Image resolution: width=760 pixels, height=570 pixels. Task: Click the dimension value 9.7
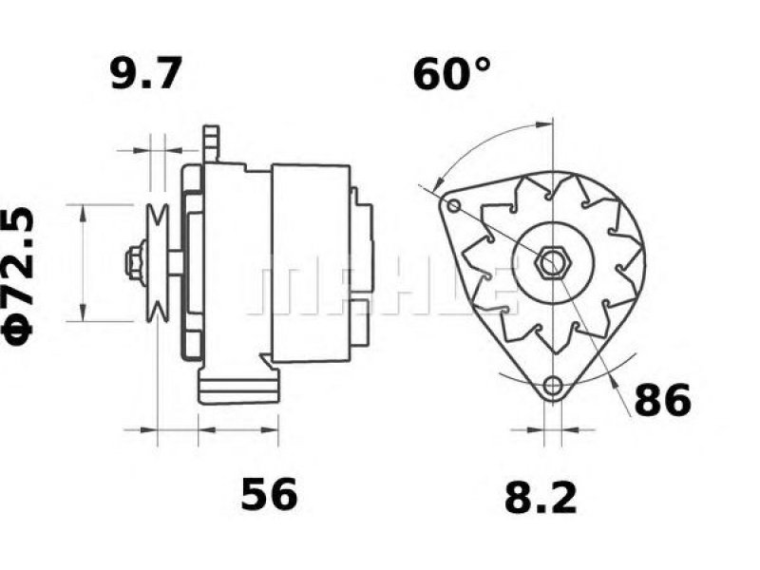click(x=146, y=73)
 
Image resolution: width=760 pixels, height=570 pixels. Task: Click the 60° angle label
click(x=452, y=73)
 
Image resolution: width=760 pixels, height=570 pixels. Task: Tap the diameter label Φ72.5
click(x=18, y=276)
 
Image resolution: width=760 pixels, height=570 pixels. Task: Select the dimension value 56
click(x=269, y=494)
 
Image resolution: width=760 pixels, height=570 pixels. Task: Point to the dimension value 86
click(x=662, y=400)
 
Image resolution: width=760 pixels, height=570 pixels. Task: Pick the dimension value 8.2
click(x=541, y=497)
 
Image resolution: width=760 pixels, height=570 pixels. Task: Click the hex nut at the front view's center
click(x=553, y=263)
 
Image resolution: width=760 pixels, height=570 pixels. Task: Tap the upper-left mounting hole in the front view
click(x=454, y=206)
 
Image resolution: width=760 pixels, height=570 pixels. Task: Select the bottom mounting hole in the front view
click(x=553, y=387)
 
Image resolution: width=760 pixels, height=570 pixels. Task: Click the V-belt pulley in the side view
click(x=158, y=263)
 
